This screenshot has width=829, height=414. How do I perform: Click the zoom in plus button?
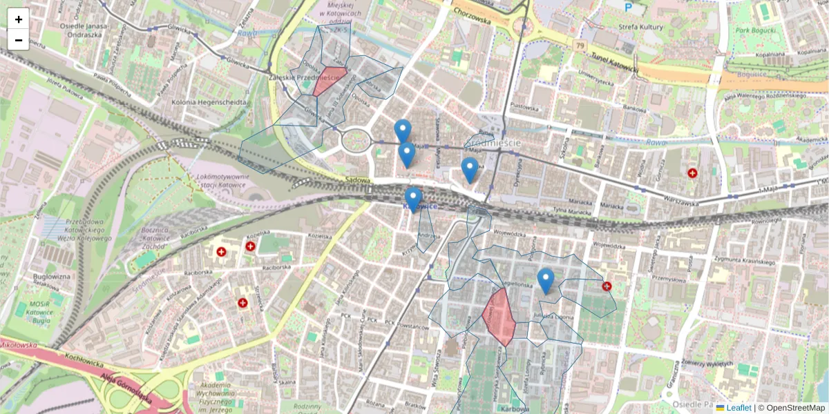[19, 19]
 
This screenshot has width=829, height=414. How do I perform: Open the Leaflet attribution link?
[738, 408]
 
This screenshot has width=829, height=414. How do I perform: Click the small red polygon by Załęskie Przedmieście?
[329, 80]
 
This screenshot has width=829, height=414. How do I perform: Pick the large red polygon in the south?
[499, 316]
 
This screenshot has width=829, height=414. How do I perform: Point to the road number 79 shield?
[578, 45]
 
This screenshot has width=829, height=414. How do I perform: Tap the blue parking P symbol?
[628, 8]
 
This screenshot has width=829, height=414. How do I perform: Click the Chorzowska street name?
[472, 12]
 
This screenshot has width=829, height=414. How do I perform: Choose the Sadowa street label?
[359, 180]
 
